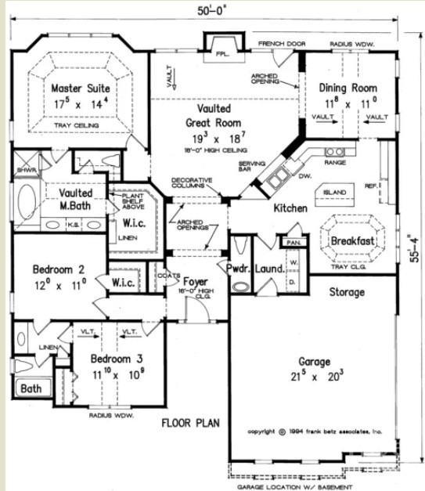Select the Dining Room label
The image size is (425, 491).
tap(351, 88)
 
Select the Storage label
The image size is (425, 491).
tap(347, 292)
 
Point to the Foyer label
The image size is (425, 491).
tap(194, 281)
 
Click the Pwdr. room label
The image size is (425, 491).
tap(238, 269)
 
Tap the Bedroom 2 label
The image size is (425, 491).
tap(59, 270)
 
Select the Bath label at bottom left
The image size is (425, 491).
tap(31, 388)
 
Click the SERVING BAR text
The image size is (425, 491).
tap(249, 167)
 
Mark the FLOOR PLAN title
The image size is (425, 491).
tap(190, 424)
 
